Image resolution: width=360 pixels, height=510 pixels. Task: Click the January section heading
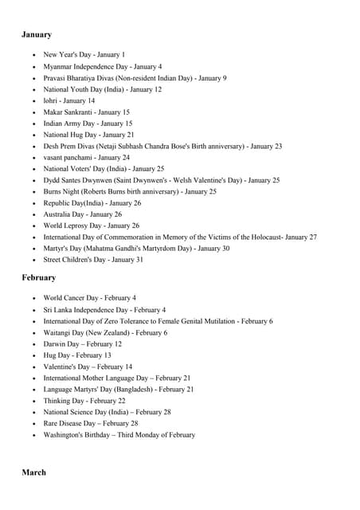coord(37,35)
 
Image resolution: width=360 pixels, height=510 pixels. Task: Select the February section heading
coord(38,278)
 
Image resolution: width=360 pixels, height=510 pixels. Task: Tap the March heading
coord(33,473)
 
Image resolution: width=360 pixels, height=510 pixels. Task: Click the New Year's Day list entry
coord(84,55)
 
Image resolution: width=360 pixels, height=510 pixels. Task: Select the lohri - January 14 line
coord(68,101)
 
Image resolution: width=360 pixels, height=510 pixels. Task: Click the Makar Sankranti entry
coord(86,112)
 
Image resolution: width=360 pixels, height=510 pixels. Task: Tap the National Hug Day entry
coord(88,135)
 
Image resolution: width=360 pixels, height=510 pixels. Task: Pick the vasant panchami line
coord(86,158)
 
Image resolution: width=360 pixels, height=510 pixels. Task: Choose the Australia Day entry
coord(82,214)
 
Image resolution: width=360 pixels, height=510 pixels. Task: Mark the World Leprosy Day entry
coord(91,226)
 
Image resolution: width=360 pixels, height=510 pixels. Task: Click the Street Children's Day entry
coord(93,260)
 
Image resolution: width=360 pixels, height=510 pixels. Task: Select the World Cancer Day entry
coord(89,298)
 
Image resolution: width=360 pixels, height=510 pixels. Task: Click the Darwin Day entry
coord(82,344)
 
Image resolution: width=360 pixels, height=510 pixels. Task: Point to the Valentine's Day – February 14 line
coord(88,367)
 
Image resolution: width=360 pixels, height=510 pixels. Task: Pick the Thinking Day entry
coord(84,401)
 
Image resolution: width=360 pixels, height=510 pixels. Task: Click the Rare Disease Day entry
coord(90,424)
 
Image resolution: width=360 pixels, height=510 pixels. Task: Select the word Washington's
coord(66,435)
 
